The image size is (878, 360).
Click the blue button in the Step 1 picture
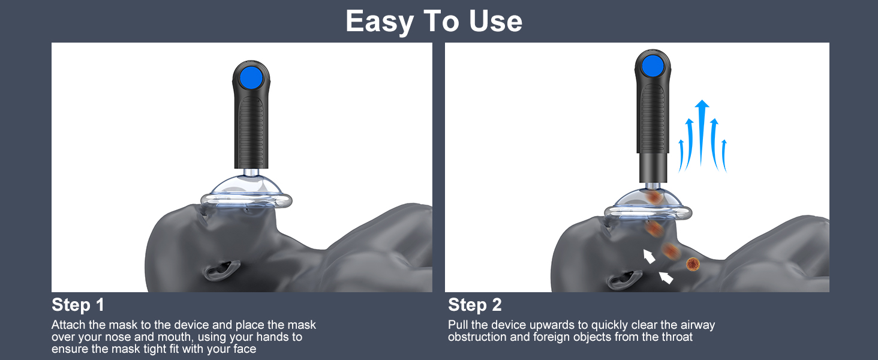pos(251,77)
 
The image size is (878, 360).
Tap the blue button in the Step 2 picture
pos(653,66)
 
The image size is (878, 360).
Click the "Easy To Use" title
pos(434,21)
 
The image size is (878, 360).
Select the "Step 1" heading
pos(78,305)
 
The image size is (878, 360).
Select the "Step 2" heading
pos(474,305)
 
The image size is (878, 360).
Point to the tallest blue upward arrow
pos(702,133)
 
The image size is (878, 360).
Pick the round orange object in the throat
pos(693,264)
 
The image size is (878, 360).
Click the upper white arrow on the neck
pos(649,256)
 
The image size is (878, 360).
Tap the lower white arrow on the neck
pos(666,278)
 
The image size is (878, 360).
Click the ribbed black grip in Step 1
pos(251,131)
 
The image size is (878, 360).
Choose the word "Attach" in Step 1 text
pos(68,325)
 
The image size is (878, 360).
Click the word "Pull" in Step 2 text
pos(458,325)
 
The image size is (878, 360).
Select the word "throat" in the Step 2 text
pos(677,337)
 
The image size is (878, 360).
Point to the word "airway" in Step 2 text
pos(697,325)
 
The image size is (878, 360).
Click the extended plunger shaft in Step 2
pos(653,168)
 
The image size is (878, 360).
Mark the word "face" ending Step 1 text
pos(245,349)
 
